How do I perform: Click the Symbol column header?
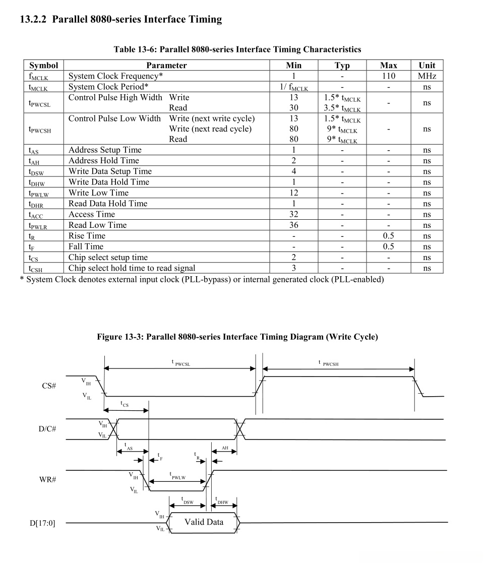click(44, 65)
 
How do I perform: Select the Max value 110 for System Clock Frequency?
click(388, 76)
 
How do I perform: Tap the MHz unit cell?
click(427, 76)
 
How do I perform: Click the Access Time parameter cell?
click(92, 214)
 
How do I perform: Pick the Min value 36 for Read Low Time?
click(293, 225)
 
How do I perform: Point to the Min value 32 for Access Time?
click(293, 214)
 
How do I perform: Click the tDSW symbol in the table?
click(36, 172)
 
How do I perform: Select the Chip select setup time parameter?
click(108, 257)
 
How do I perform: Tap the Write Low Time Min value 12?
click(293, 193)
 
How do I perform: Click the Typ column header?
click(342, 65)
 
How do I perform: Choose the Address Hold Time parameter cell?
click(104, 160)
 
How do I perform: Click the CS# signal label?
click(48, 386)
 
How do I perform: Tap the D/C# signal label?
click(47, 429)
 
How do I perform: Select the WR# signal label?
click(47, 479)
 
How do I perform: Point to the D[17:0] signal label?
click(42, 523)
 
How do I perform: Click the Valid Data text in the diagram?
click(204, 522)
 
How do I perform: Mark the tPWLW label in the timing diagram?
click(177, 476)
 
